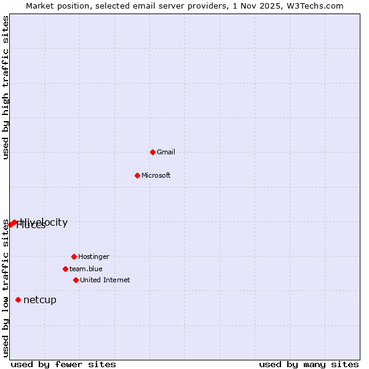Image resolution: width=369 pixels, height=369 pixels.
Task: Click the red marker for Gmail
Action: point(153,152)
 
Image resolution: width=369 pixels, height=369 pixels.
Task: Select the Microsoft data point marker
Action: point(138,175)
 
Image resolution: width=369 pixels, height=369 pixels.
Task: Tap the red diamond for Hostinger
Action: point(74,256)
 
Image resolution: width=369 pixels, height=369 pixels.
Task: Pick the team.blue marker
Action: point(65,269)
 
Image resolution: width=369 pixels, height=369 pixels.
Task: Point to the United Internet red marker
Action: point(76,280)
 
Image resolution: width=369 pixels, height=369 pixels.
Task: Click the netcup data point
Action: point(18,300)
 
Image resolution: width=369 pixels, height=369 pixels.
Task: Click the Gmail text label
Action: point(166,152)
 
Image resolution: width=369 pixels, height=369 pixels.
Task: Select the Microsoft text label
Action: point(156,175)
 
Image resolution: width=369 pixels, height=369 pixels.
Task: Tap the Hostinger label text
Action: point(93,256)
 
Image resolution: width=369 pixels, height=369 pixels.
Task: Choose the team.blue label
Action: point(86,269)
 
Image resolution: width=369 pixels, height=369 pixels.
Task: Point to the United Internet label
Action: point(105,280)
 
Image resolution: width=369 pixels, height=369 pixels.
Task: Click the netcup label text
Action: point(40,300)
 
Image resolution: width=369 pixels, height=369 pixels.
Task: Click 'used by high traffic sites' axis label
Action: point(6,87)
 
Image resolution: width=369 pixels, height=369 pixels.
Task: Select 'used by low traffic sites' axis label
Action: point(6,288)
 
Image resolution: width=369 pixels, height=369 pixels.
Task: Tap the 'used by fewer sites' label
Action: point(63,365)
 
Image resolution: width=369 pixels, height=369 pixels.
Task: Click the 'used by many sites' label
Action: point(309,365)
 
